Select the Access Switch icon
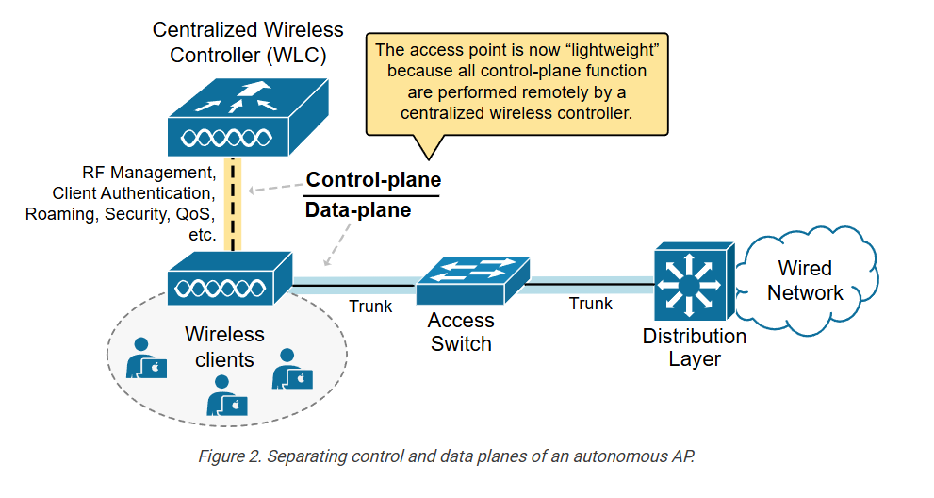pos(471,274)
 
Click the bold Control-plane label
pos(374,179)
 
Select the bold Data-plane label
pos(358,210)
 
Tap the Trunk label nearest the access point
pos(370,307)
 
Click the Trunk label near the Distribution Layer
pos(591,304)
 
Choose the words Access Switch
pos(461,331)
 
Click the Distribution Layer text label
pos(695,347)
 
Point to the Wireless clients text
pos(224,346)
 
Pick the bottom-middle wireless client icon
pos(227,396)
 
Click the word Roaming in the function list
pos(56,214)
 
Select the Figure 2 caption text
pos(445,456)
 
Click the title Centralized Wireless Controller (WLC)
pos(248,42)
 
